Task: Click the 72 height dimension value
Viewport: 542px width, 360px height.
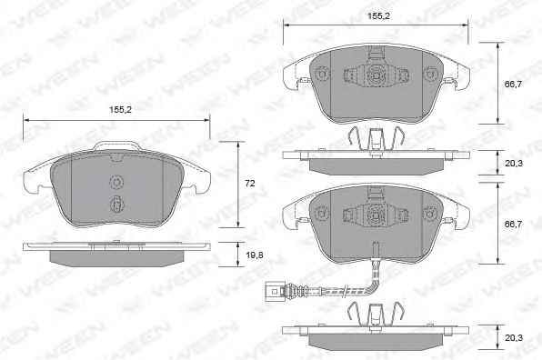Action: [x=249, y=184]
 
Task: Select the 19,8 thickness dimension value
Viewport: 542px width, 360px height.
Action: [x=255, y=255]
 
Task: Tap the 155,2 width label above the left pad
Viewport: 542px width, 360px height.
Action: [x=120, y=110]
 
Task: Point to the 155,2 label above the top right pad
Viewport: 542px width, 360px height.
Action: [x=378, y=16]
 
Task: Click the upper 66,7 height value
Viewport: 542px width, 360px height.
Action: [x=514, y=85]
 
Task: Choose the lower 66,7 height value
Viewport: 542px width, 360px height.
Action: [x=514, y=225]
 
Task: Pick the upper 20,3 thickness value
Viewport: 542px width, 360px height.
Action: [x=514, y=164]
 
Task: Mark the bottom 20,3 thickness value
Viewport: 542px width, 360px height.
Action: [x=514, y=338]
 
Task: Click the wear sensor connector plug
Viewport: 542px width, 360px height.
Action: [x=276, y=292]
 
